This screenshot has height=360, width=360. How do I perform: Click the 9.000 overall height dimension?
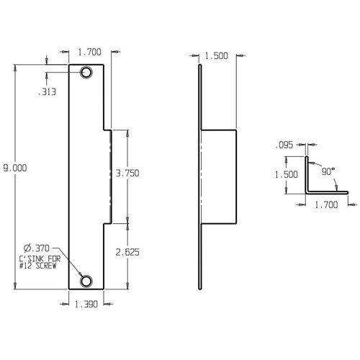pos(14,167)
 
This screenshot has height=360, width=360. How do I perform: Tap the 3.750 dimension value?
pos(127,173)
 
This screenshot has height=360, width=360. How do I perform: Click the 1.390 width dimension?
pos(86,305)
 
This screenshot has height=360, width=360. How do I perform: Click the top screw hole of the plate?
pos(87,73)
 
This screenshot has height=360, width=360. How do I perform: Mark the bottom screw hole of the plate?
pos(87,281)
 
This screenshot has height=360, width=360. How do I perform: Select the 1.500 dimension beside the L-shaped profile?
pos(287,175)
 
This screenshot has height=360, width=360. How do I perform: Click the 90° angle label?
pos(328,172)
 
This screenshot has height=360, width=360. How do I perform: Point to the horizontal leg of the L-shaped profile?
pos(328,192)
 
